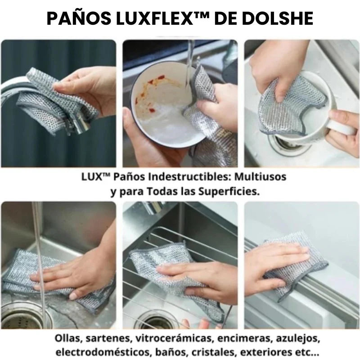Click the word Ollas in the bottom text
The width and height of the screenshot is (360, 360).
(x=67, y=337)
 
